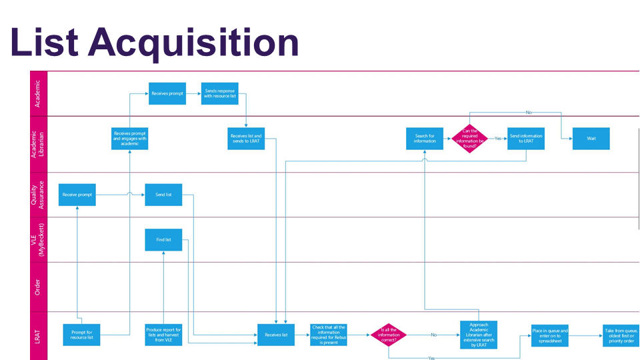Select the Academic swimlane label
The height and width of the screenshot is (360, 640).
(37, 93)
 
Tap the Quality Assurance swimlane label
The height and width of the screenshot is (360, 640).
(37, 195)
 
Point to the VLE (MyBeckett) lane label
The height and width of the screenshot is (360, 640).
(37, 239)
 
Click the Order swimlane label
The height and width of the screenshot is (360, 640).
(37, 287)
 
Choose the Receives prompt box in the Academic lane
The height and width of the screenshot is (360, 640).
(167, 93)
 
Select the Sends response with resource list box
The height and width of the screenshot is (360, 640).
(220, 93)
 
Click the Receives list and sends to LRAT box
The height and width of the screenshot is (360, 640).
(247, 139)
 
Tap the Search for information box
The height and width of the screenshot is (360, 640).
(425, 139)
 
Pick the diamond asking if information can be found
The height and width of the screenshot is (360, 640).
(471, 139)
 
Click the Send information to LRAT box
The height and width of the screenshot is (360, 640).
(525, 139)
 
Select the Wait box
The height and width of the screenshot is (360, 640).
(591, 139)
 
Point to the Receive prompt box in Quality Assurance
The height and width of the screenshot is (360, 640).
(77, 195)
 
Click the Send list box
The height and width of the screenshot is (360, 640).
(163, 195)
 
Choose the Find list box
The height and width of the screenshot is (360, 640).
(163, 239)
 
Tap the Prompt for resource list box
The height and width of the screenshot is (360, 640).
(81, 335)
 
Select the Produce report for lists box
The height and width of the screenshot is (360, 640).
(163, 335)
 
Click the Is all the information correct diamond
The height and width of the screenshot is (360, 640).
(389, 335)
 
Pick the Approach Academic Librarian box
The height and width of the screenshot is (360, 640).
(479, 335)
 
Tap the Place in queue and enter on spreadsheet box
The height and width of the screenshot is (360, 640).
(550, 335)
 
